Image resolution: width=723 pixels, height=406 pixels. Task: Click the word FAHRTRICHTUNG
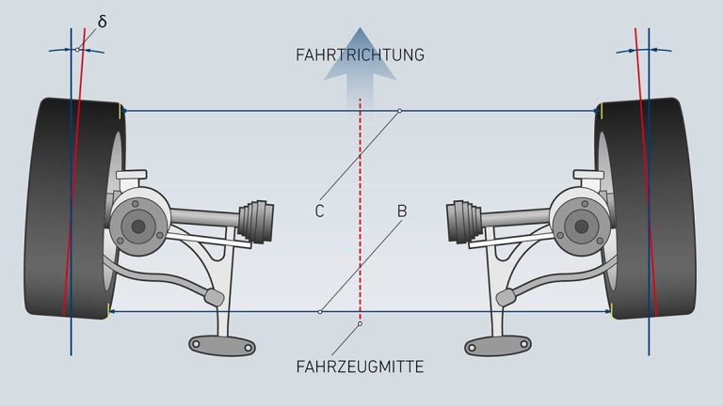tap(360, 55)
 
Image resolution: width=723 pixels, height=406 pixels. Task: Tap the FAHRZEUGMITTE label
tap(360, 367)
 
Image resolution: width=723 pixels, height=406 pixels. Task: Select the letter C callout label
tap(319, 211)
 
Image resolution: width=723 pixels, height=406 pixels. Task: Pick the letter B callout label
tap(402, 211)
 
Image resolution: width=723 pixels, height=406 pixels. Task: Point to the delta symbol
tap(103, 22)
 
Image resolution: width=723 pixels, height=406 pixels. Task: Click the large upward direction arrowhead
tap(361, 55)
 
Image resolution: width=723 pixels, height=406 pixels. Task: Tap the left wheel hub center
tap(138, 226)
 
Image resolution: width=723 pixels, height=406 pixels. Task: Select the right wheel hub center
tap(582, 226)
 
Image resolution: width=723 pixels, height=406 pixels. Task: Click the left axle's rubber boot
tap(256, 221)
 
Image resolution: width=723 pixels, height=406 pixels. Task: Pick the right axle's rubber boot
tap(464, 221)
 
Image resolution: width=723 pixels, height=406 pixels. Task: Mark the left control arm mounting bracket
tap(222, 345)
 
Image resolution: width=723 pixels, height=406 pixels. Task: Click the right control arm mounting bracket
tap(498, 346)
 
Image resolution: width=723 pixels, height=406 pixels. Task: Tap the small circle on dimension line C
tap(400, 111)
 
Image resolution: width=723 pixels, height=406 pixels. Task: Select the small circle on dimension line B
tap(320, 312)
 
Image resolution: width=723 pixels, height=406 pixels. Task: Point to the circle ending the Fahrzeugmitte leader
tap(361, 324)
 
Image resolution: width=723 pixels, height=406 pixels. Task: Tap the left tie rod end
tap(215, 296)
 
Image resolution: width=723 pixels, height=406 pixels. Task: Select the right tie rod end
tap(506, 297)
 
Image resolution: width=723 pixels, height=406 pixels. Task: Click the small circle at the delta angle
tap(77, 50)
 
